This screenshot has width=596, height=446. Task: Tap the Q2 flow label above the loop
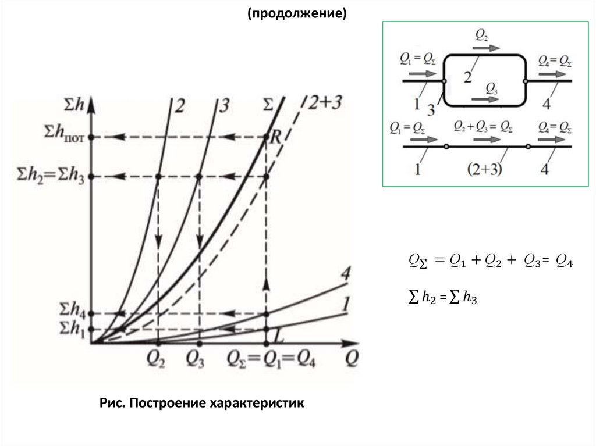click(x=481, y=35)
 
